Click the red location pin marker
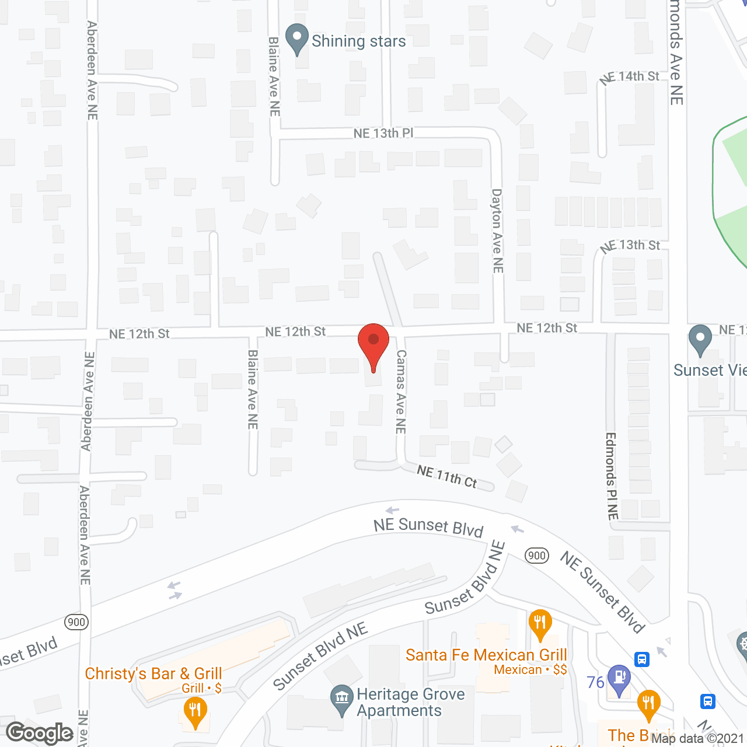373,344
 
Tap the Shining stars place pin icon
297,39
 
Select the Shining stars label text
358,41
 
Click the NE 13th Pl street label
383,134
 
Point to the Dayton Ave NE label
497,231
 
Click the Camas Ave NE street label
400,392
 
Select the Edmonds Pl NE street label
612,476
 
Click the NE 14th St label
630,76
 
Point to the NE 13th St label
631,245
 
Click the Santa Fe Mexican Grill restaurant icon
540,624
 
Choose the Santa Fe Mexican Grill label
486,655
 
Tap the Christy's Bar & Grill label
153,674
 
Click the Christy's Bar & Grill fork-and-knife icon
195,712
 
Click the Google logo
40,733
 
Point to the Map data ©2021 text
697,739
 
